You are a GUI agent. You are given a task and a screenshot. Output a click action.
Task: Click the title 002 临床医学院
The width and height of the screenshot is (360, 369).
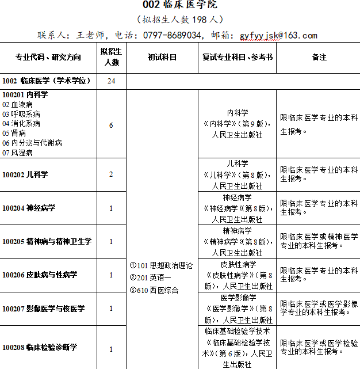[x=180, y=6]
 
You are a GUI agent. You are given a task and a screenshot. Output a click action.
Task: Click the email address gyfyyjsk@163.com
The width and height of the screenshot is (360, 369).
[x=278, y=35]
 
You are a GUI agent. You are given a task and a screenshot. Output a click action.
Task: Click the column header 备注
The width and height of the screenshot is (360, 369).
[x=319, y=58]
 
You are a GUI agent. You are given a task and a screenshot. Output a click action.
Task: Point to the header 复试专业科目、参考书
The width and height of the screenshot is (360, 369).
[x=238, y=58]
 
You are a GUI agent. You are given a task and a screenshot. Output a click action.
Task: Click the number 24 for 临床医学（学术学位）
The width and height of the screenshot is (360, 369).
[x=111, y=81]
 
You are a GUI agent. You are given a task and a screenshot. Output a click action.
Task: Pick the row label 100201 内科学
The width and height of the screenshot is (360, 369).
[x=25, y=94]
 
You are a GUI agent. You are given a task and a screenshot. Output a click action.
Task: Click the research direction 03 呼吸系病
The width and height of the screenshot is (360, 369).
[x=21, y=114]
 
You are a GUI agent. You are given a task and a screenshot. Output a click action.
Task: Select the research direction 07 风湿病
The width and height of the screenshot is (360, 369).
[x=18, y=153]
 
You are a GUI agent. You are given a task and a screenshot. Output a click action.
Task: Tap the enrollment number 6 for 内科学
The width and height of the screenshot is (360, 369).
[x=111, y=125]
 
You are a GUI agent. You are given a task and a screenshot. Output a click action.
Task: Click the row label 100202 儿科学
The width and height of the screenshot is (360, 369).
[x=25, y=174]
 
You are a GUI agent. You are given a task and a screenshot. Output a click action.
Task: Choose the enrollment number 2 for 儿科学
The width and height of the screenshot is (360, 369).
[x=111, y=174]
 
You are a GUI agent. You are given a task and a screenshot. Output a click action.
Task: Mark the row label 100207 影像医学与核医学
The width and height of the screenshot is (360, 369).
[x=44, y=309]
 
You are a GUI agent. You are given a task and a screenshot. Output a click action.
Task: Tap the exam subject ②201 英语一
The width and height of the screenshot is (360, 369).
[x=150, y=278]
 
